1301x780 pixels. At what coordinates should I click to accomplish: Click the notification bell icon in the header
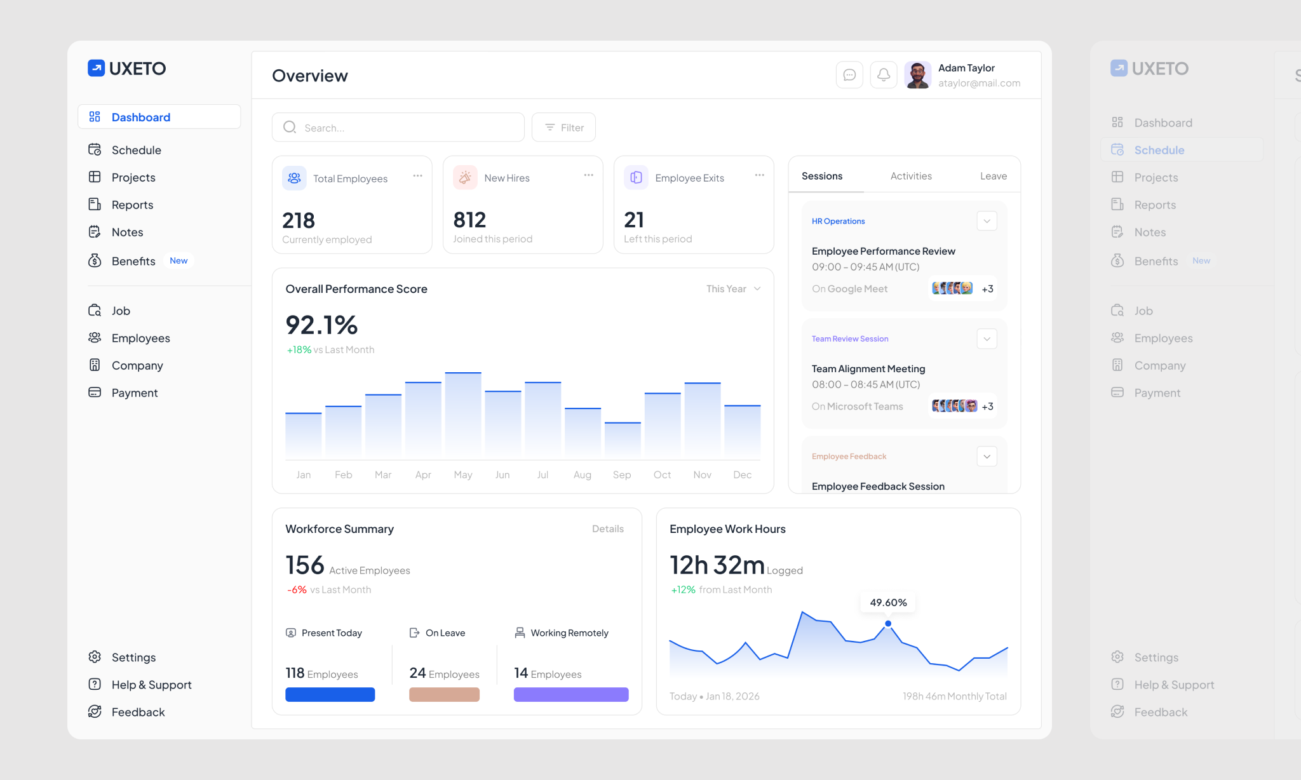click(883, 75)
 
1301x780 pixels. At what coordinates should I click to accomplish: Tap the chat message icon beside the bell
click(849, 75)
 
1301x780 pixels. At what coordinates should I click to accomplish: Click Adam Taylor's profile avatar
click(917, 75)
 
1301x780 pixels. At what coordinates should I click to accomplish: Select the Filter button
click(563, 128)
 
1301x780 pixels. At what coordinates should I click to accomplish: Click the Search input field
click(398, 128)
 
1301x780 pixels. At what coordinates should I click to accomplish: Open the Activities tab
click(911, 176)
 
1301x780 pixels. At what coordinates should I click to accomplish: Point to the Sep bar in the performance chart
click(623, 440)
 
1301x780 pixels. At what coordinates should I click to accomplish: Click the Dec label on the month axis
click(742, 474)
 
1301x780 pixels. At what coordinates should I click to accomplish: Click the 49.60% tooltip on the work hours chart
click(888, 602)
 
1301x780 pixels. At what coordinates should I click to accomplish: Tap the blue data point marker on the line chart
click(888, 624)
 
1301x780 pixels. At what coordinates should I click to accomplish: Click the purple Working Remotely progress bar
click(571, 694)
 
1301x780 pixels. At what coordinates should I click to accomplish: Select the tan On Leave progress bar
click(444, 694)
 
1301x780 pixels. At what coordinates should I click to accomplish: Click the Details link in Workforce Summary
click(607, 528)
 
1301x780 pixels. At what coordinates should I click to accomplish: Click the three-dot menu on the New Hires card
click(588, 175)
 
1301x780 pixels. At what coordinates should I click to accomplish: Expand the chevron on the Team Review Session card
click(987, 339)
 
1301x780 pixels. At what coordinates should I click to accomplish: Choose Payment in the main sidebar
click(134, 393)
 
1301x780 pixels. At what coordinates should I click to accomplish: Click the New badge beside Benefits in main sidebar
click(179, 260)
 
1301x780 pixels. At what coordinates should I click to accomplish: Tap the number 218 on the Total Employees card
click(299, 220)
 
